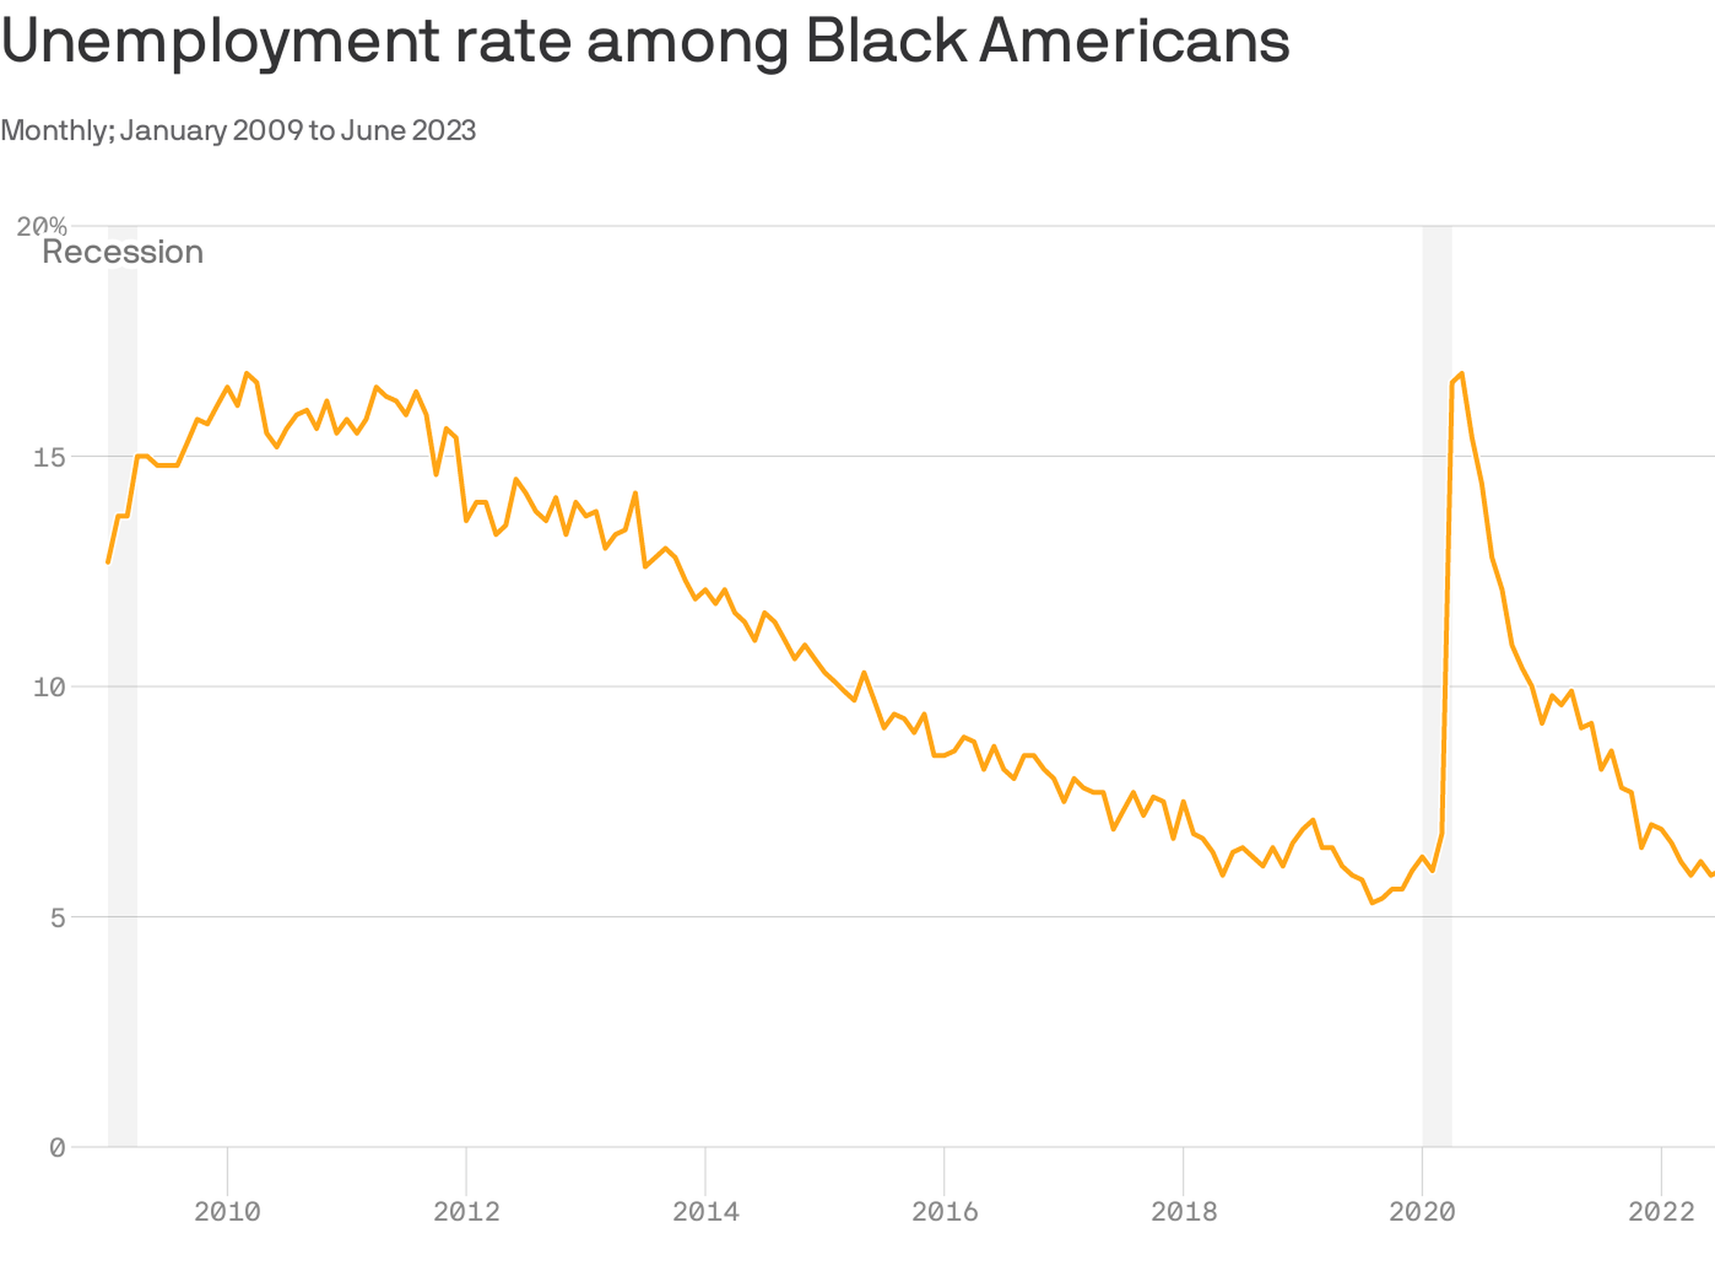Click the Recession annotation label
pyautogui.click(x=122, y=252)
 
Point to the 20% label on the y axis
pyautogui.click(x=41, y=226)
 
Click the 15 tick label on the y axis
pyautogui.click(x=49, y=458)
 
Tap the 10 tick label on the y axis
pyautogui.click(x=49, y=687)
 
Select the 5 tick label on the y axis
pyautogui.click(x=57, y=918)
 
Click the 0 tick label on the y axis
pyautogui.click(x=57, y=1148)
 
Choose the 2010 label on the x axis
pyautogui.click(x=227, y=1212)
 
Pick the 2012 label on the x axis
pyautogui.click(x=466, y=1212)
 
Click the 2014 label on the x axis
pyautogui.click(x=706, y=1212)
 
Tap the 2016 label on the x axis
pyautogui.click(x=944, y=1212)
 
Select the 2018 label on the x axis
pyautogui.click(x=1184, y=1212)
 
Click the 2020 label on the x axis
pyautogui.click(x=1422, y=1212)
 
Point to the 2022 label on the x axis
pyautogui.click(x=1661, y=1212)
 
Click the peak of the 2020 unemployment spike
pyautogui.click(x=1461, y=374)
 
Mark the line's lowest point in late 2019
pyautogui.click(x=1372, y=903)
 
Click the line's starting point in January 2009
pyautogui.click(x=108, y=562)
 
